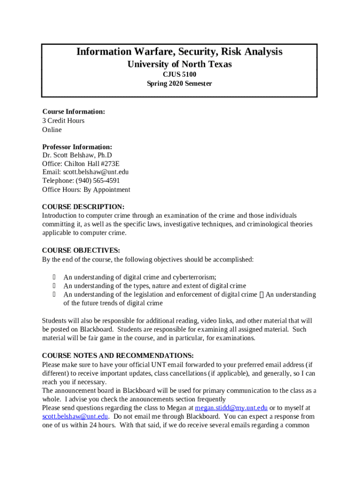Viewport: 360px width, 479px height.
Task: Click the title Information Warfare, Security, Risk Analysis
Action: click(180, 51)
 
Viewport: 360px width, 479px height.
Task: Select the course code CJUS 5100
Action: click(180, 74)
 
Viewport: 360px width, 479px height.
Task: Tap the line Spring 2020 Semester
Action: click(180, 84)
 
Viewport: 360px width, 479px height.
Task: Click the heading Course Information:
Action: click(73, 112)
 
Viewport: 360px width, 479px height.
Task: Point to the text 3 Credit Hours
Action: click(63, 121)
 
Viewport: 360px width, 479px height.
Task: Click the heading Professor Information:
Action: click(77, 147)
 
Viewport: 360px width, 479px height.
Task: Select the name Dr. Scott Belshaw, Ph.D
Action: click(77, 155)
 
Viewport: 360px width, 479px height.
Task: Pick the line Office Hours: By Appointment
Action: click(86, 190)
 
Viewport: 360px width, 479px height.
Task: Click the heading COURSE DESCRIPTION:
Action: click(83, 207)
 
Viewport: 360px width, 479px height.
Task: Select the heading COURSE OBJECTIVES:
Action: click(81, 250)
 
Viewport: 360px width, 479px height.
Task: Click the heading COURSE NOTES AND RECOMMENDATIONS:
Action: click(118, 356)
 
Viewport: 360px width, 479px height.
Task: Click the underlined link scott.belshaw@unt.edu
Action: click(75, 416)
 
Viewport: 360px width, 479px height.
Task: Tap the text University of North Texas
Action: click(180, 64)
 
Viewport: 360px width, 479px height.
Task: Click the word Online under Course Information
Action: click(52, 130)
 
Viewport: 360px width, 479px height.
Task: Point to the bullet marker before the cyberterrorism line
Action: click(54, 277)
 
